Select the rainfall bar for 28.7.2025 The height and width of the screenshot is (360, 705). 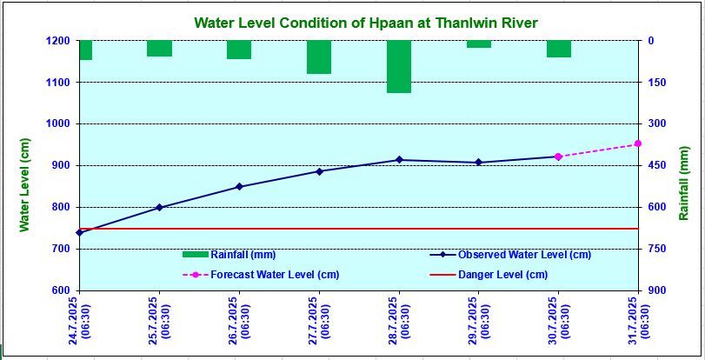point(399,66)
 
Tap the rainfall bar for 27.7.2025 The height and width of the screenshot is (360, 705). point(319,57)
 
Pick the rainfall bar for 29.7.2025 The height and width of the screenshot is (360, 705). point(479,43)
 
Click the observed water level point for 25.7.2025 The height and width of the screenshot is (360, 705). point(159,207)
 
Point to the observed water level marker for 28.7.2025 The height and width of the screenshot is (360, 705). point(399,160)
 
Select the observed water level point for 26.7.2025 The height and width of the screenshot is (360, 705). point(239,187)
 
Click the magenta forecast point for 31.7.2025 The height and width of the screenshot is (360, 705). point(638,143)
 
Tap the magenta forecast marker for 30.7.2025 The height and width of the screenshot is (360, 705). point(558,157)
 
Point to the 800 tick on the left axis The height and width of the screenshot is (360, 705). point(59,207)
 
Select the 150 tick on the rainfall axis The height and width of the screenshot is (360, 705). point(657,83)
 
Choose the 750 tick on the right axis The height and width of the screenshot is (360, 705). point(657,249)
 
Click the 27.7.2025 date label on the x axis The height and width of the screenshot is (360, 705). point(319,317)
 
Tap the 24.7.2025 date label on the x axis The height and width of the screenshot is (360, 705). point(79,317)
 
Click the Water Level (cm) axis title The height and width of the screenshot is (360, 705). point(25,186)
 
